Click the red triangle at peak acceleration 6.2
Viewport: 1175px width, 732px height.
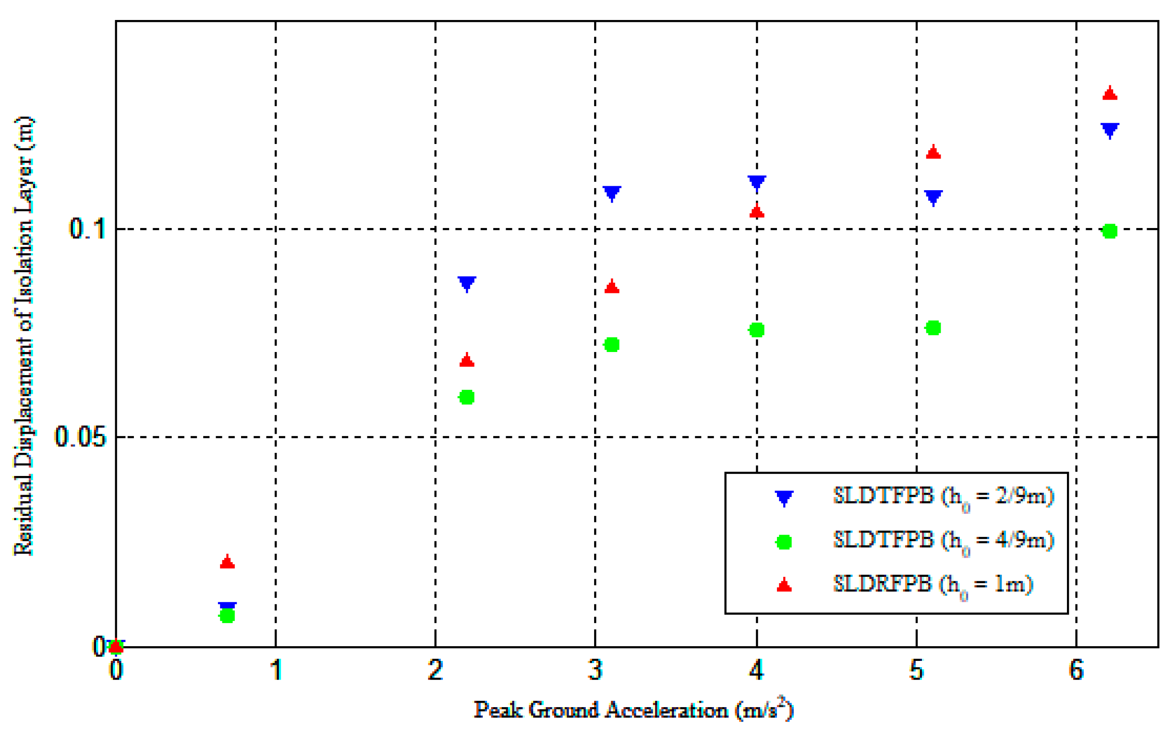(x=1110, y=93)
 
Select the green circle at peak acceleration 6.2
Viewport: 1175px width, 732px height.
(x=1110, y=231)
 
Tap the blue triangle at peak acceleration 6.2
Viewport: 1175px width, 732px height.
(x=1110, y=130)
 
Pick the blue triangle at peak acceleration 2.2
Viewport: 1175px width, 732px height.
(x=467, y=283)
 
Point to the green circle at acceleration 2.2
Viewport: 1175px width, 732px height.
(x=467, y=397)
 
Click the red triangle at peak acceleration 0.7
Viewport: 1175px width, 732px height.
(x=227, y=562)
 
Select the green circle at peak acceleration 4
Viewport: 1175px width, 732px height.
(x=756, y=330)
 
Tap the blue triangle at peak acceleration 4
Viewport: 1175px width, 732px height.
(x=757, y=182)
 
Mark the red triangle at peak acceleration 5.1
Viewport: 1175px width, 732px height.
(x=933, y=152)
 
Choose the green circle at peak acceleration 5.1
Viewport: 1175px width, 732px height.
(x=933, y=328)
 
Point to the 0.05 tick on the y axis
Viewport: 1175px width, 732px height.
(x=80, y=437)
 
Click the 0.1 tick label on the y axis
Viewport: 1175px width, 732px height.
(x=87, y=228)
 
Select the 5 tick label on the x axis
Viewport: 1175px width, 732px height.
(x=916, y=671)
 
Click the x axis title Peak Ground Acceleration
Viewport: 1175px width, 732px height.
(x=633, y=710)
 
